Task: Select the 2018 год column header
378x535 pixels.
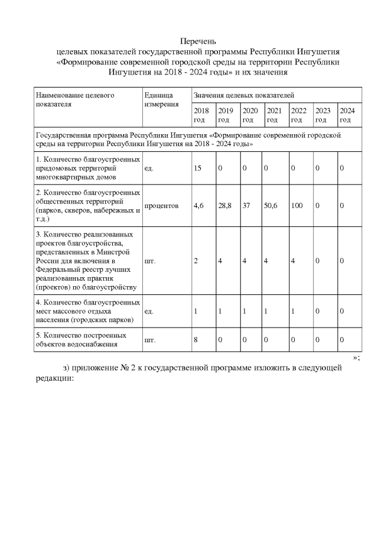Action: (201, 115)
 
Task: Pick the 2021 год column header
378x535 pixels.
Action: (274, 115)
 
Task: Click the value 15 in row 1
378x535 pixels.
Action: (198, 168)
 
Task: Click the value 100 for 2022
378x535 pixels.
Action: (297, 206)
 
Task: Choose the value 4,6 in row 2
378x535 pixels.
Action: (199, 206)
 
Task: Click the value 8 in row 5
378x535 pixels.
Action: (196, 340)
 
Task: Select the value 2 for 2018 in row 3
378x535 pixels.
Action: (196, 261)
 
